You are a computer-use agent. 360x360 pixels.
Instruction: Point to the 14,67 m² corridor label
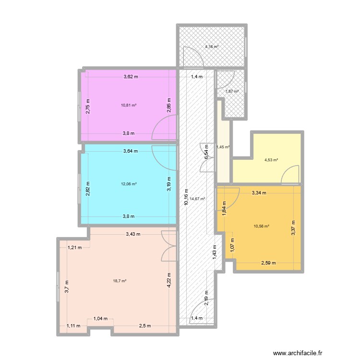pyautogui.click(x=197, y=199)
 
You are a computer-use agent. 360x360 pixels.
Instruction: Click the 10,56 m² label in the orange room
pyautogui.click(x=261, y=226)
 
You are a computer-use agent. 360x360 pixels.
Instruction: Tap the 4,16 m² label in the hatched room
pyautogui.click(x=212, y=47)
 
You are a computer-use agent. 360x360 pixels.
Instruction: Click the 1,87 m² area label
pyautogui.click(x=232, y=91)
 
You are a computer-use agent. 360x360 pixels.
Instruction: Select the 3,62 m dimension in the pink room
pyautogui.click(x=130, y=76)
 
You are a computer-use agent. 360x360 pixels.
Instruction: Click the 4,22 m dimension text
pyautogui.click(x=170, y=280)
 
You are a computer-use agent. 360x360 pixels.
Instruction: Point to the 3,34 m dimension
pyautogui.click(x=259, y=193)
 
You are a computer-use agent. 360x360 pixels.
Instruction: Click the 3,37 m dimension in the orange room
pyautogui.click(x=293, y=227)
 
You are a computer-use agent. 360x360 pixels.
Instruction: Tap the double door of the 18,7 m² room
pyautogui.click(x=169, y=245)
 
